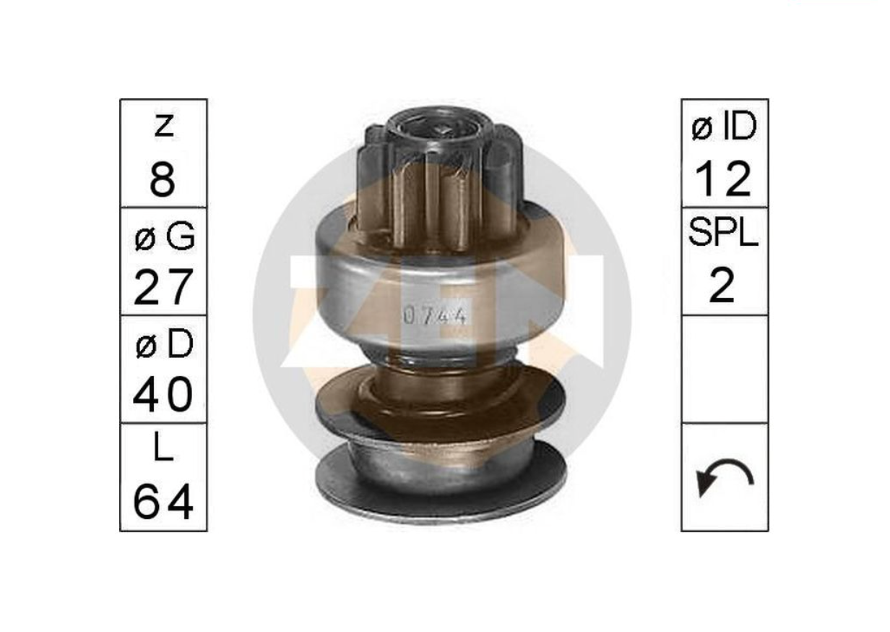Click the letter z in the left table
[x=164, y=127]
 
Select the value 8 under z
[x=163, y=179]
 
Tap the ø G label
[x=165, y=236]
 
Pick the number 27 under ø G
[x=164, y=287]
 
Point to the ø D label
[x=165, y=344]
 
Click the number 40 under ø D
[x=163, y=394]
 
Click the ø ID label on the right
[x=725, y=127]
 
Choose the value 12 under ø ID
[x=724, y=179]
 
